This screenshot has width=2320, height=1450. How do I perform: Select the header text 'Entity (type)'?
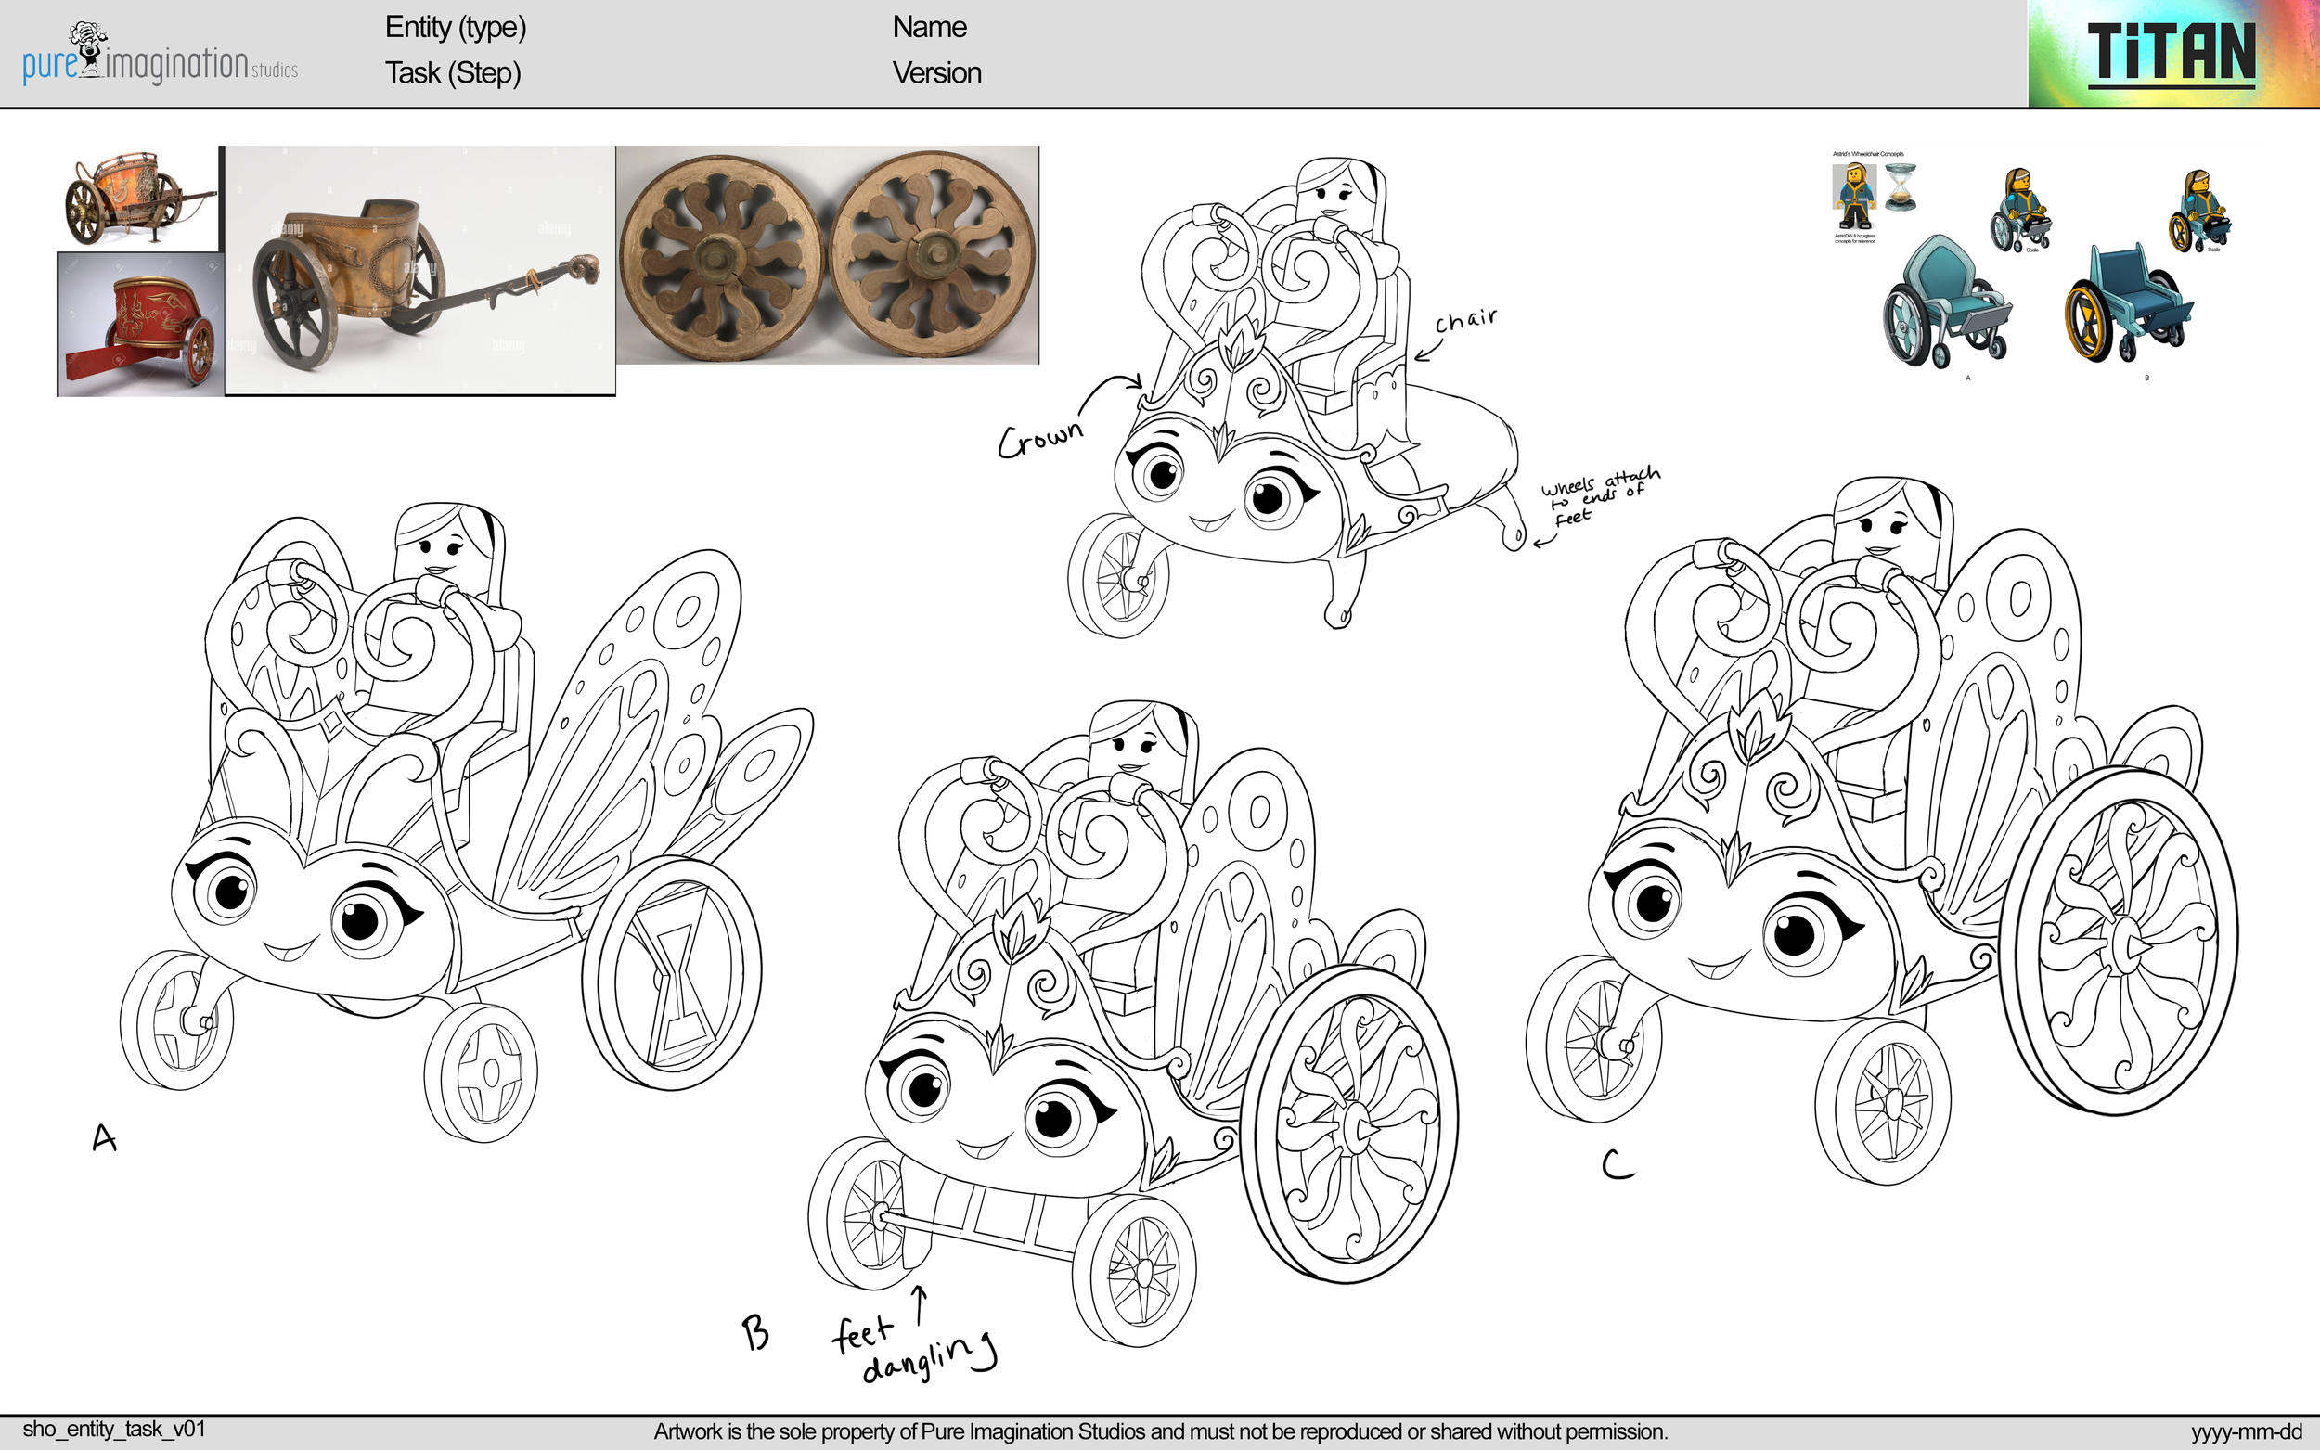click(456, 28)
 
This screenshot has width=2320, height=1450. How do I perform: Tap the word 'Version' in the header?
click(936, 73)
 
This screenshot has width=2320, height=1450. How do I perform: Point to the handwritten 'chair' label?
click(1464, 320)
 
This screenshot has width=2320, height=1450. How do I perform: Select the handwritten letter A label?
click(104, 1138)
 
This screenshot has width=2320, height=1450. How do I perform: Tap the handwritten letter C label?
click(1617, 1164)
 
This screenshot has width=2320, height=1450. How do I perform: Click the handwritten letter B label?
click(755, 1332)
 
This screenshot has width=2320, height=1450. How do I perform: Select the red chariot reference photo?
click(140, 325)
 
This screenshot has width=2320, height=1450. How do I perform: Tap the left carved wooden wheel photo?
click(720, 255)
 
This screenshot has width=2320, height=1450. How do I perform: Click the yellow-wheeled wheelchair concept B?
click(2127, 306)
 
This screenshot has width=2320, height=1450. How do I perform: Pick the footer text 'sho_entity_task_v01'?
click(114, 1429)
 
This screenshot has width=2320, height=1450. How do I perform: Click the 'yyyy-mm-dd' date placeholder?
click(2245, 1431)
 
